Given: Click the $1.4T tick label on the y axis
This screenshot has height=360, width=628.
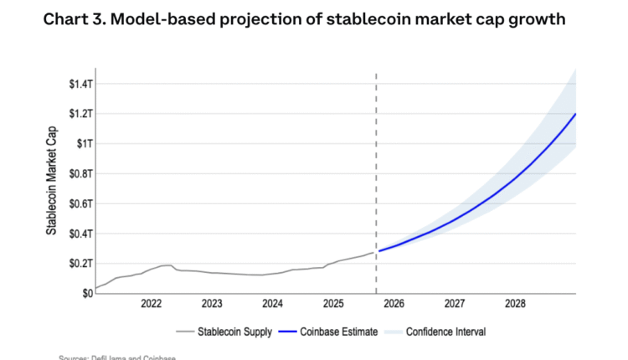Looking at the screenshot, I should [x=80, y=84].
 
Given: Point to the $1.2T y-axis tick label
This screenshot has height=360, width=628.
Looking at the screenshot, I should [x=80, y=114].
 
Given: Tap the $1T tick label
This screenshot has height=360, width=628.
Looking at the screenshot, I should [x=84, y=144].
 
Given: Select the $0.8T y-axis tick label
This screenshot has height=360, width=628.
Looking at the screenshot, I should [x=80, y=173].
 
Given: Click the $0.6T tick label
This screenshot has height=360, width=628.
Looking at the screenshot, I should [x=80, y=203].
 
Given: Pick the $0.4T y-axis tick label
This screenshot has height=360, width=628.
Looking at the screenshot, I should [x=80, y=234].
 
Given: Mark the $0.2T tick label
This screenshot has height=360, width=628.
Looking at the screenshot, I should [x=80, y=264].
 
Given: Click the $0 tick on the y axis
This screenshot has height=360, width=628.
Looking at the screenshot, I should [x=87, y=293].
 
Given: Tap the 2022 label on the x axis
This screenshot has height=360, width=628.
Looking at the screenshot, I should [x=152, y=304].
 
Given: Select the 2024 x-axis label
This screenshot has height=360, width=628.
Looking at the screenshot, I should [x=273, y=304].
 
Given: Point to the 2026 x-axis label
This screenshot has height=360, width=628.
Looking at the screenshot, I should [x=394, y=304].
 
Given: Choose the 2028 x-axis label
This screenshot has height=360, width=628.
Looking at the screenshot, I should [x=516, y=304].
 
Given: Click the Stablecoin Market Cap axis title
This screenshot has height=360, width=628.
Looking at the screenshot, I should [x=52, y=180].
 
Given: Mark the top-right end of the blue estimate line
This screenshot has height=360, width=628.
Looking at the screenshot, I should [x=576, y=114].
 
